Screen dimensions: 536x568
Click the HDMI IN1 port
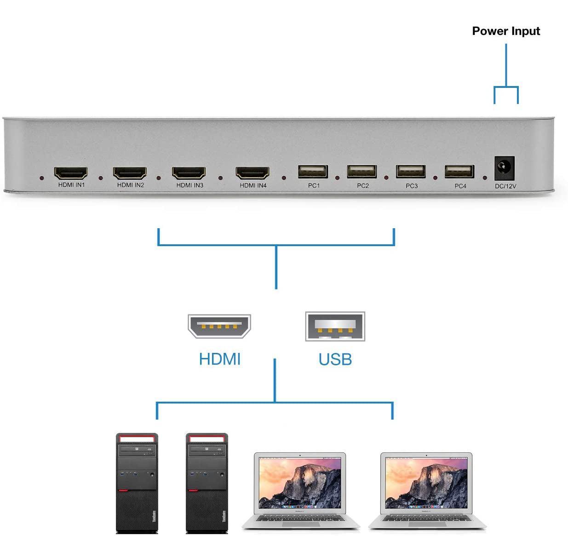(71, 173)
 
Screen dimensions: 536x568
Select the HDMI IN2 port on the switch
(130, 173)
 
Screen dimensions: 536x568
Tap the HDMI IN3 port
(189, 173)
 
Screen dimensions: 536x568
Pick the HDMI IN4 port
(252, 173)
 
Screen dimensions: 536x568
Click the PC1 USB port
(313, 172)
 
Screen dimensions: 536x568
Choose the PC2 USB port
(362, 172)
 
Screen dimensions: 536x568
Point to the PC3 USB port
(411, 172)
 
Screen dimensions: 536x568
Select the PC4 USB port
(459, 172)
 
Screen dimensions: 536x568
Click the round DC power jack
(504, 168)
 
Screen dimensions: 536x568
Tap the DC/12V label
(505, 186)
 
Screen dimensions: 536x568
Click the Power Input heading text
(506, 31)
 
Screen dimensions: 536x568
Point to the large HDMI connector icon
(219, 326)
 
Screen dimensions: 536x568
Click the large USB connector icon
(335, 326)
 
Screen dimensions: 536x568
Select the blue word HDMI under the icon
(219, 359)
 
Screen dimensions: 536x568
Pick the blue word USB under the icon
(335, 359)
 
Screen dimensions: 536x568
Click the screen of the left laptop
(300, 483)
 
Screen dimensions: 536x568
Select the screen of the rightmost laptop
(426, 483)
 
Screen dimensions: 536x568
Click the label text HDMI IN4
(253, 186)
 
